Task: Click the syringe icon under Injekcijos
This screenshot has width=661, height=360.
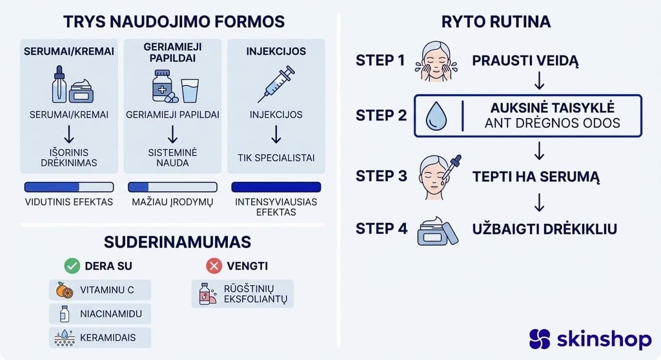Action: pyautogui.click(x=276, y=84)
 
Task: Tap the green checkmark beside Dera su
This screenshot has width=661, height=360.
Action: pyautogui.click(x=72, y=266)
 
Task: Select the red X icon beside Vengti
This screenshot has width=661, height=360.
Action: pyautogui.click(x=213, y=266)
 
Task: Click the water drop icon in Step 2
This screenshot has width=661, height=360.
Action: pyautogui.click(x=436, y=116)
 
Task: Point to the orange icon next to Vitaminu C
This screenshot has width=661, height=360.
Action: pyautogui.click(x=65, y=290)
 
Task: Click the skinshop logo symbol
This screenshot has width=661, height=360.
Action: pyautogui.click(x=540, y=339)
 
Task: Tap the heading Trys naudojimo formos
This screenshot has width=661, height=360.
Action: pyautogui.click(x=174, y=21)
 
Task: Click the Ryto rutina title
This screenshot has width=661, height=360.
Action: pyautogui.click(x=496, y=21)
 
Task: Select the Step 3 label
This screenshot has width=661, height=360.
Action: pyautogui.click(x=381, y=176)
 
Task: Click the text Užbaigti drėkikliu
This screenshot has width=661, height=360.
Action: pyautogui.click(x=544, y=228)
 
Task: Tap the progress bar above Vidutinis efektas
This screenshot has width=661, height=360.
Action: pyautogui.click(x=68, y=187)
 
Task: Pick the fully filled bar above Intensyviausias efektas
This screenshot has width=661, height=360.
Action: pyautogui.click(x=276, y=187)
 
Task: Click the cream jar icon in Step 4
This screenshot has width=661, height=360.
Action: pyautogui.click(x=437, y=230)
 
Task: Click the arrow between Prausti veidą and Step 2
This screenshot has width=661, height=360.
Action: pyautogui.click(x=540, y=82)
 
